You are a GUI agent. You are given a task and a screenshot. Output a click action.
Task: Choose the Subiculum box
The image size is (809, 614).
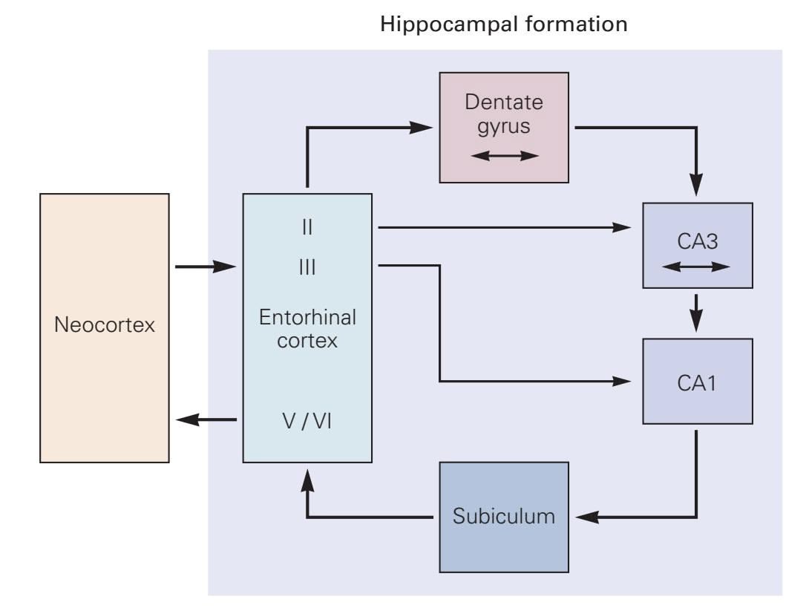click(504, 516)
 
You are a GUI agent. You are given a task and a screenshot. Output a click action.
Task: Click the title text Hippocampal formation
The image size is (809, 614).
click(504, 25)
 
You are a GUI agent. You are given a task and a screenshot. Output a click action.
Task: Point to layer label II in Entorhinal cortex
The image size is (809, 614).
click(307, 227)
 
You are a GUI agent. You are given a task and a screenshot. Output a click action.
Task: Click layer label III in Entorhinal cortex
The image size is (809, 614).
click(307, 267)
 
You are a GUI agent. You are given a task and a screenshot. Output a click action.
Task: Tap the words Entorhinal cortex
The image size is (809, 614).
click(307, 329)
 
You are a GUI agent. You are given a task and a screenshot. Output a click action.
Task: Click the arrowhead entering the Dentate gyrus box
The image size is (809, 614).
click(423, 128)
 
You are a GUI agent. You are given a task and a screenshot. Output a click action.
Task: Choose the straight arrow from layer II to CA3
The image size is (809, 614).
click(505, 227)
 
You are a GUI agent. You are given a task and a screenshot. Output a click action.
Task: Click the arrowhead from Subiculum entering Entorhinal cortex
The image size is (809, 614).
click(307, 479)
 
